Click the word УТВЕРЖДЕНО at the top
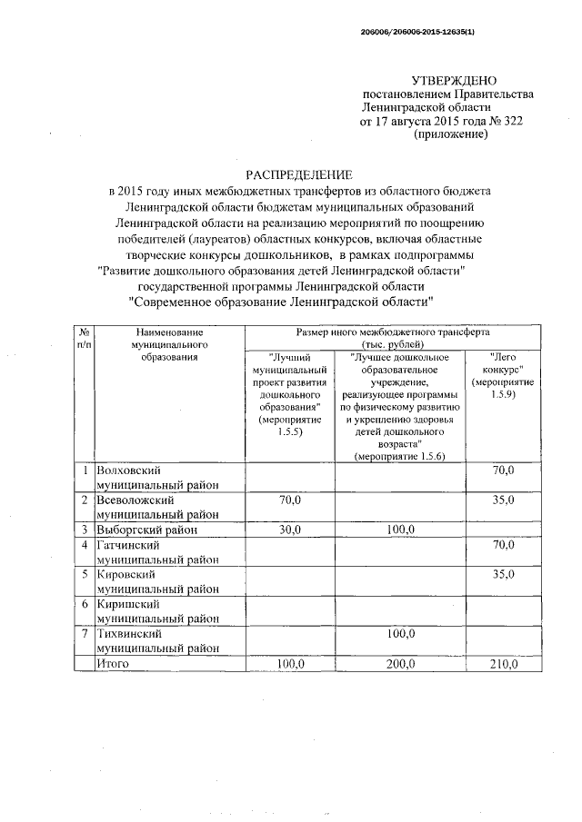(x=455, y=82)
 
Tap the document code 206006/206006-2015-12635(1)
(x=418, y=32)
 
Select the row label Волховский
(x=129, y=470)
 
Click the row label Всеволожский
(x=135, y=500)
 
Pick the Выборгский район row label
(x=146, y=530)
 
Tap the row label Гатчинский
(x=129, y=545)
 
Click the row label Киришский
(x=128, y=603)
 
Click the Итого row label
(x=114, y=664)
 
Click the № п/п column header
(x=84, y=340)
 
